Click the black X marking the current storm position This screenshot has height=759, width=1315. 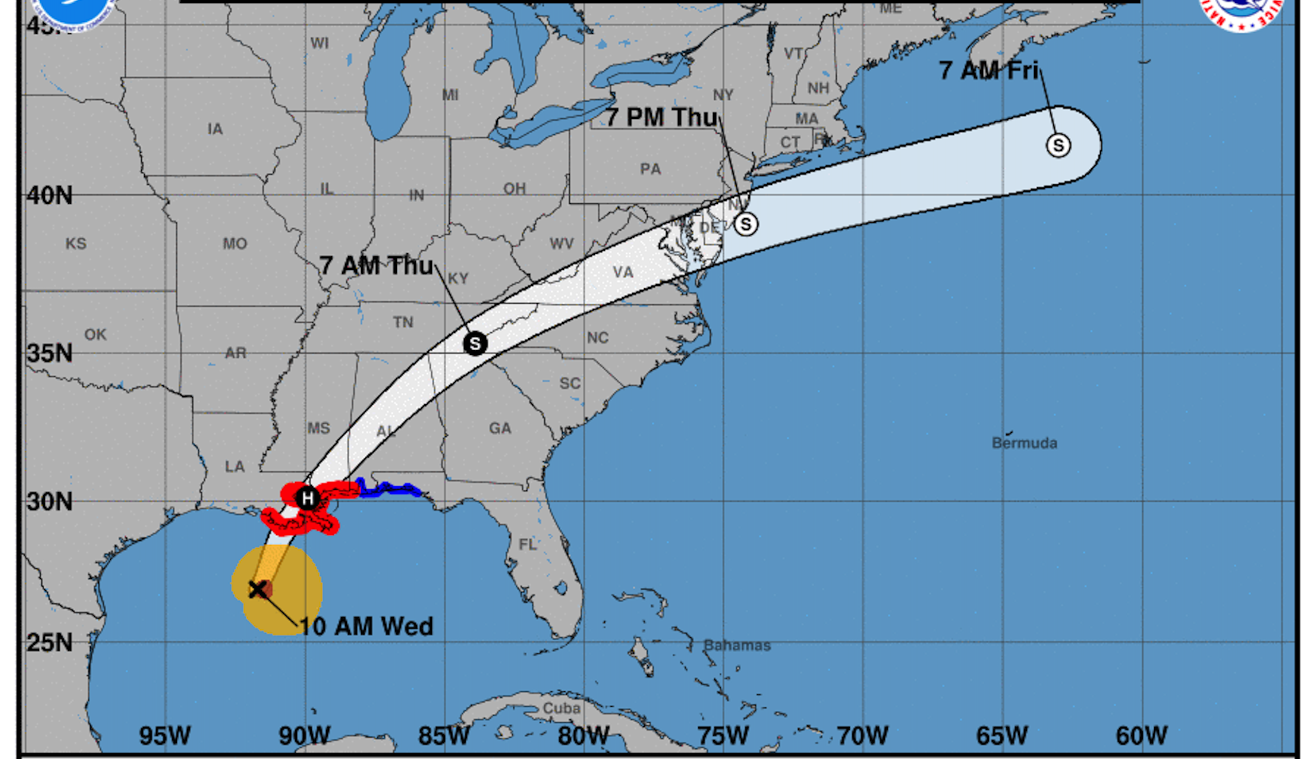point(258,589)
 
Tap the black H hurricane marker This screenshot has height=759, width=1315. point(308,498)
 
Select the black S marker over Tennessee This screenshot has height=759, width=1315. point(475,343)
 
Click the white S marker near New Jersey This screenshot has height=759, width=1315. point(746,224)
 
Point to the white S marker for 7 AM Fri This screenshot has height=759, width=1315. point(1058,145)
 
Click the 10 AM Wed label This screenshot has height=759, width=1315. point(366,626)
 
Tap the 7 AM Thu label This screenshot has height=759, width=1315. point(376,266)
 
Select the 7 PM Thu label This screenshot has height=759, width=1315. point(662,117)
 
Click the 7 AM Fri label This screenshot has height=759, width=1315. point(989,71)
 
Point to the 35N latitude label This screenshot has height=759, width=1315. point(50,353)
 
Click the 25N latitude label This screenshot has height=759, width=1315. point(50,642)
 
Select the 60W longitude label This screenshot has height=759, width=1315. point(1142,735)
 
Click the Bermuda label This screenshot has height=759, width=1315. point(1024,443)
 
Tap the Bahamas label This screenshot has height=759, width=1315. point(737,645)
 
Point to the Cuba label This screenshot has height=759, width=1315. point(561,708)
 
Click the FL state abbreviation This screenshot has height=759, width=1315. point(528,544)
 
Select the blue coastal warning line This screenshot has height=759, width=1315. point(390,489)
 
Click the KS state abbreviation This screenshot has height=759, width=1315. point(76,243)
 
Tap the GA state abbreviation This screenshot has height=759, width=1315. point(500,428)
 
